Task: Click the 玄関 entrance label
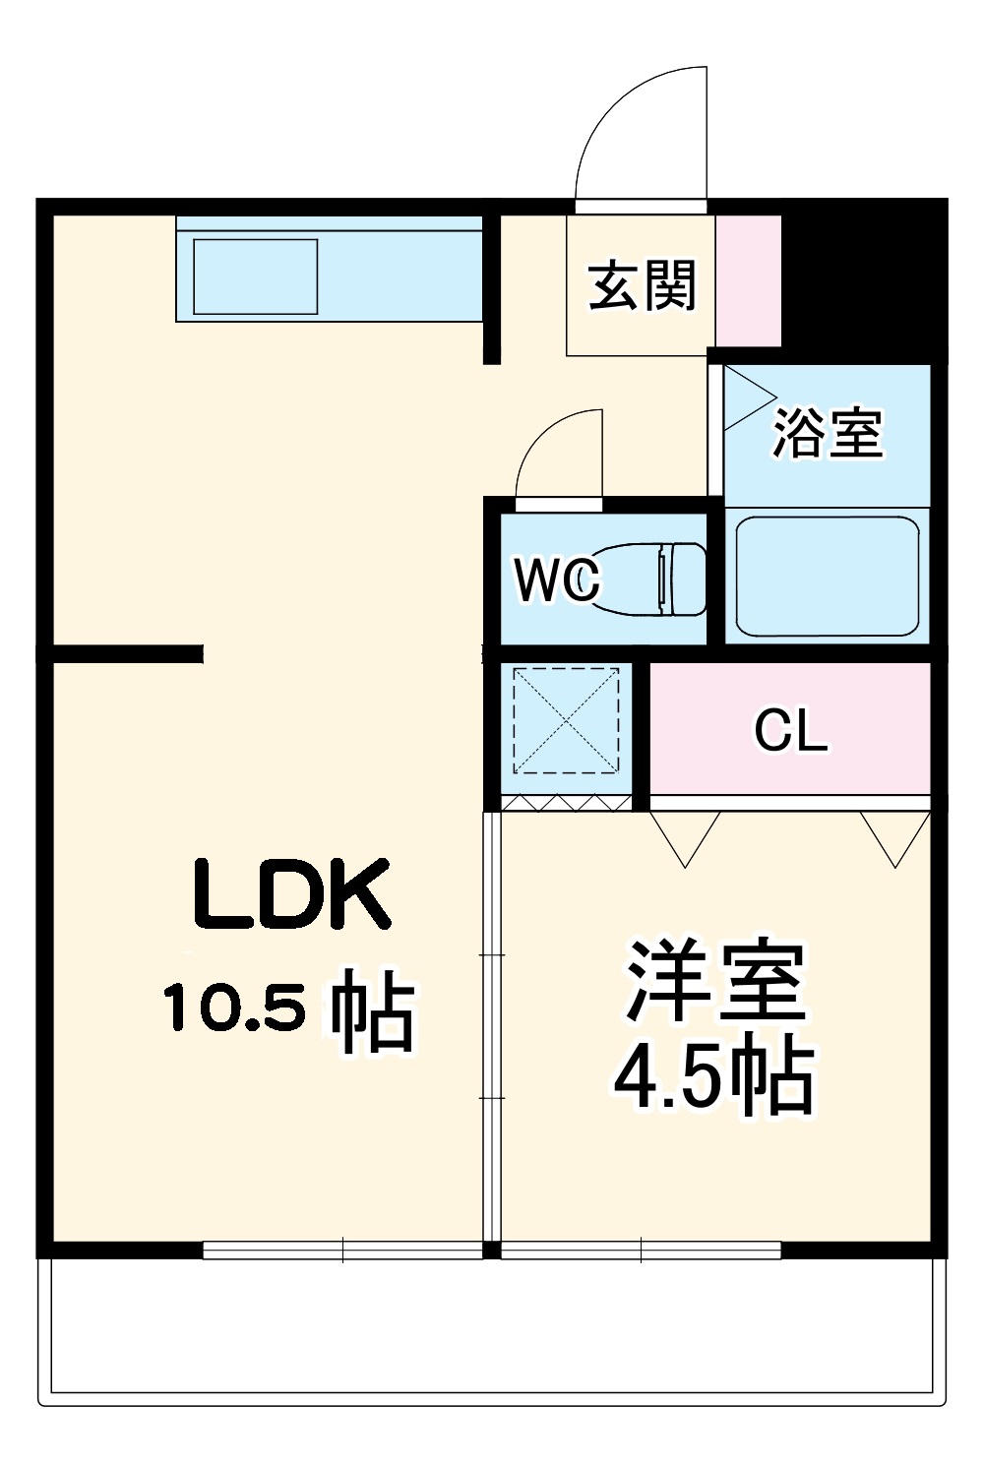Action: [x=642, y=285]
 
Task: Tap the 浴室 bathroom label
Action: [x=829, y=433]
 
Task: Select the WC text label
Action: [x=557, y=580]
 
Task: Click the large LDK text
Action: [x=291, y=894]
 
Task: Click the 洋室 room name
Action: [x=715, y=982]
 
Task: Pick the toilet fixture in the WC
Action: [x=648, y=580]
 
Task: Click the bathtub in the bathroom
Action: [x=828, y=577]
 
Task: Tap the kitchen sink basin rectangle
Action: [x=255, y=276]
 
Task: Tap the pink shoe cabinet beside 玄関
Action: [x=748, y=280]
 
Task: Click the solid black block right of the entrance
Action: [x=864, y=281]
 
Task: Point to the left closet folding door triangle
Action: [x=685, y=839]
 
